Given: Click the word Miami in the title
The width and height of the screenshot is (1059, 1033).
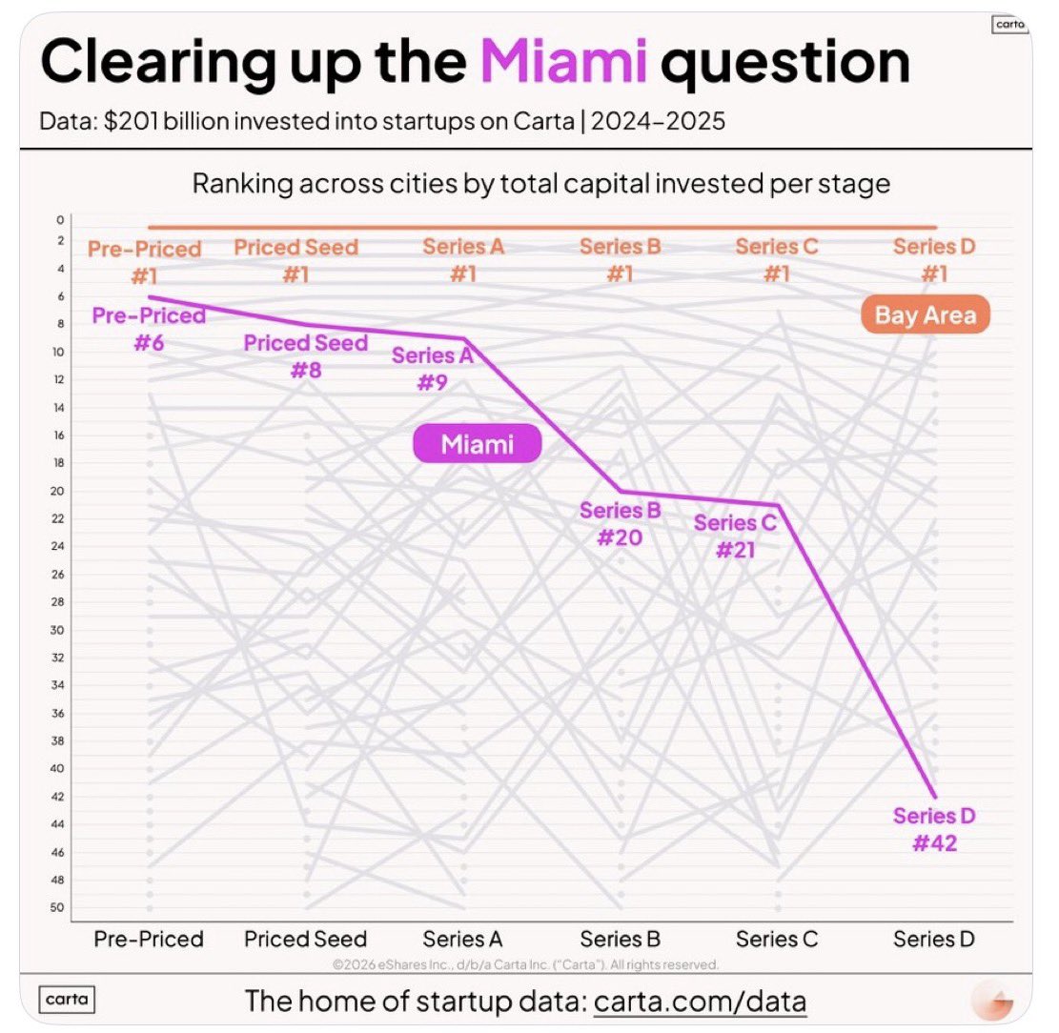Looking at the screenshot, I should coord(563,64).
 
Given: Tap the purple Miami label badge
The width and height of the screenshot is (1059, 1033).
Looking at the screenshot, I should coord(477,444).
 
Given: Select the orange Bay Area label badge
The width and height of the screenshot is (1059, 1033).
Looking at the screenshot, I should coord(926,315).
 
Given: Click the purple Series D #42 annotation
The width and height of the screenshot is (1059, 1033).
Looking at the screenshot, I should coord(934,829).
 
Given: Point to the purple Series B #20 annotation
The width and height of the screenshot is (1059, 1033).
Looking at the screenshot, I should coord(620,523).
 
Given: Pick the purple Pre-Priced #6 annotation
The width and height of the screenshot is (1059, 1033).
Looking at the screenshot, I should coord(149,328).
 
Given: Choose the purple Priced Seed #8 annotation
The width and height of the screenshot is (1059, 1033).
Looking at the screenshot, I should coord(305,355).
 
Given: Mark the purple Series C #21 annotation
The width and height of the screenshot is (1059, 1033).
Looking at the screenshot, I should coord(735,536).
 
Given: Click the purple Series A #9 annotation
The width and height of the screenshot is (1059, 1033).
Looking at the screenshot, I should coord(432,369).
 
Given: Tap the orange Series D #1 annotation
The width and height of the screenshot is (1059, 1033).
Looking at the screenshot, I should coord(934,260).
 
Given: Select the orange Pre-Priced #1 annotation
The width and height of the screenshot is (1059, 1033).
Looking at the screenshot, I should coord(145,262).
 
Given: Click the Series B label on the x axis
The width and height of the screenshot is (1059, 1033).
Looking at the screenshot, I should coord(621,939).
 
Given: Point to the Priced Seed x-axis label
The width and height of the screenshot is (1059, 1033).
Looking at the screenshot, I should coord(305,939).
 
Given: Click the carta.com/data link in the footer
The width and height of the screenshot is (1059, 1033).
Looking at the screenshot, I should coord(700,1002).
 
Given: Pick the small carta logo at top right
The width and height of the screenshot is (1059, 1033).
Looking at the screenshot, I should coord(1008,25).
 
